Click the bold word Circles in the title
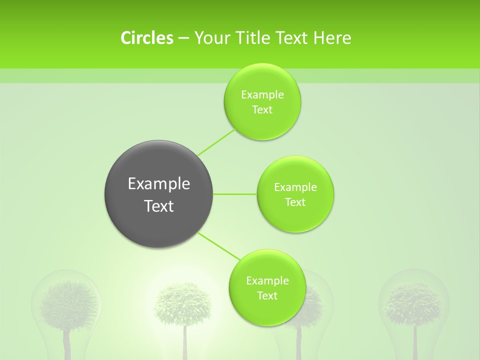146,38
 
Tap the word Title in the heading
253,38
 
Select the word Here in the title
333,38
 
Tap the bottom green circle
267,312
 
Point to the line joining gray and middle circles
235,194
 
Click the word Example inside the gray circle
158,184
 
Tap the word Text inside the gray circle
158,206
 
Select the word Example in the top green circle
262,95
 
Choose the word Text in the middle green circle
295,202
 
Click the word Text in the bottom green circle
267,296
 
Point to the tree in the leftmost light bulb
67,302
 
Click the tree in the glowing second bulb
183,302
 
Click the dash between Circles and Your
183,38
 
